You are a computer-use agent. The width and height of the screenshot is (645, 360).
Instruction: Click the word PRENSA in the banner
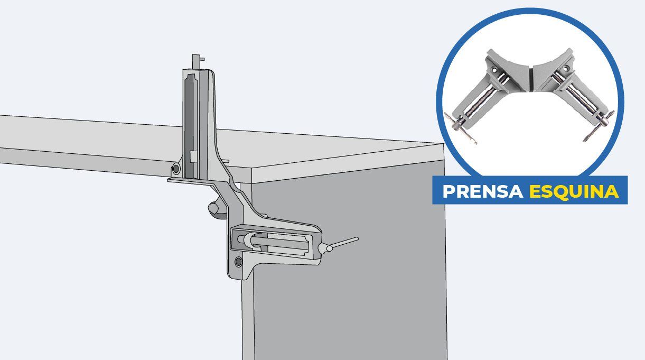[483, 191]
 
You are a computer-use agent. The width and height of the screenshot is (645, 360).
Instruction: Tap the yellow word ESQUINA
[574, 191]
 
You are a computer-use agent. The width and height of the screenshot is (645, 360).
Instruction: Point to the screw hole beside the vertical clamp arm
[176, 169]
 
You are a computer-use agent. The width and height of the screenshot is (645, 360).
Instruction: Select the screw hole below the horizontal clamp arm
[238, 262]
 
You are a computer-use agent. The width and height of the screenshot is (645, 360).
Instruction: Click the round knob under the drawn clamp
[217, 210]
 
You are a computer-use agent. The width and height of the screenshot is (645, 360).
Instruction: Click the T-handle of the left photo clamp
[461, 128]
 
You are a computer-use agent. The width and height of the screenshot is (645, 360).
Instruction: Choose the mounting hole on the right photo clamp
[567, 69]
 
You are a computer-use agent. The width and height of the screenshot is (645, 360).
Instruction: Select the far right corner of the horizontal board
[443, 144]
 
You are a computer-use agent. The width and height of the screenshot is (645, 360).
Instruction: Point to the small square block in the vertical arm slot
[193, 156]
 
